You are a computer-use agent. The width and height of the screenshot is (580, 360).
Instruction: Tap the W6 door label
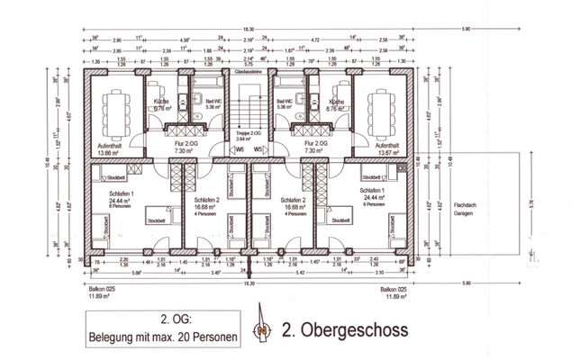pyautogui.click(x=239, y=149)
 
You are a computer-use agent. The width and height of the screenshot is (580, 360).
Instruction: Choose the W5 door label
pyautogui.click(x=258, y=149)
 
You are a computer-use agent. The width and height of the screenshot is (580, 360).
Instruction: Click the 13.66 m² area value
pyautogui.click(x=109, y=153)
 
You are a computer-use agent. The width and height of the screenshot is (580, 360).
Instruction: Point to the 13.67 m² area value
pyautogui.click(x=386, y=153)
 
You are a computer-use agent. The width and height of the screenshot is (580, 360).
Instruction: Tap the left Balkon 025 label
pyautogui.click(x=102, y=289)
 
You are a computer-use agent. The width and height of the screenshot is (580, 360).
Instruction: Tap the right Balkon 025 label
pyautogui.click(x=394, y=289)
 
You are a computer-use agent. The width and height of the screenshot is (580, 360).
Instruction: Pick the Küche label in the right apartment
pyautogui.click(x=337, y=103)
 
